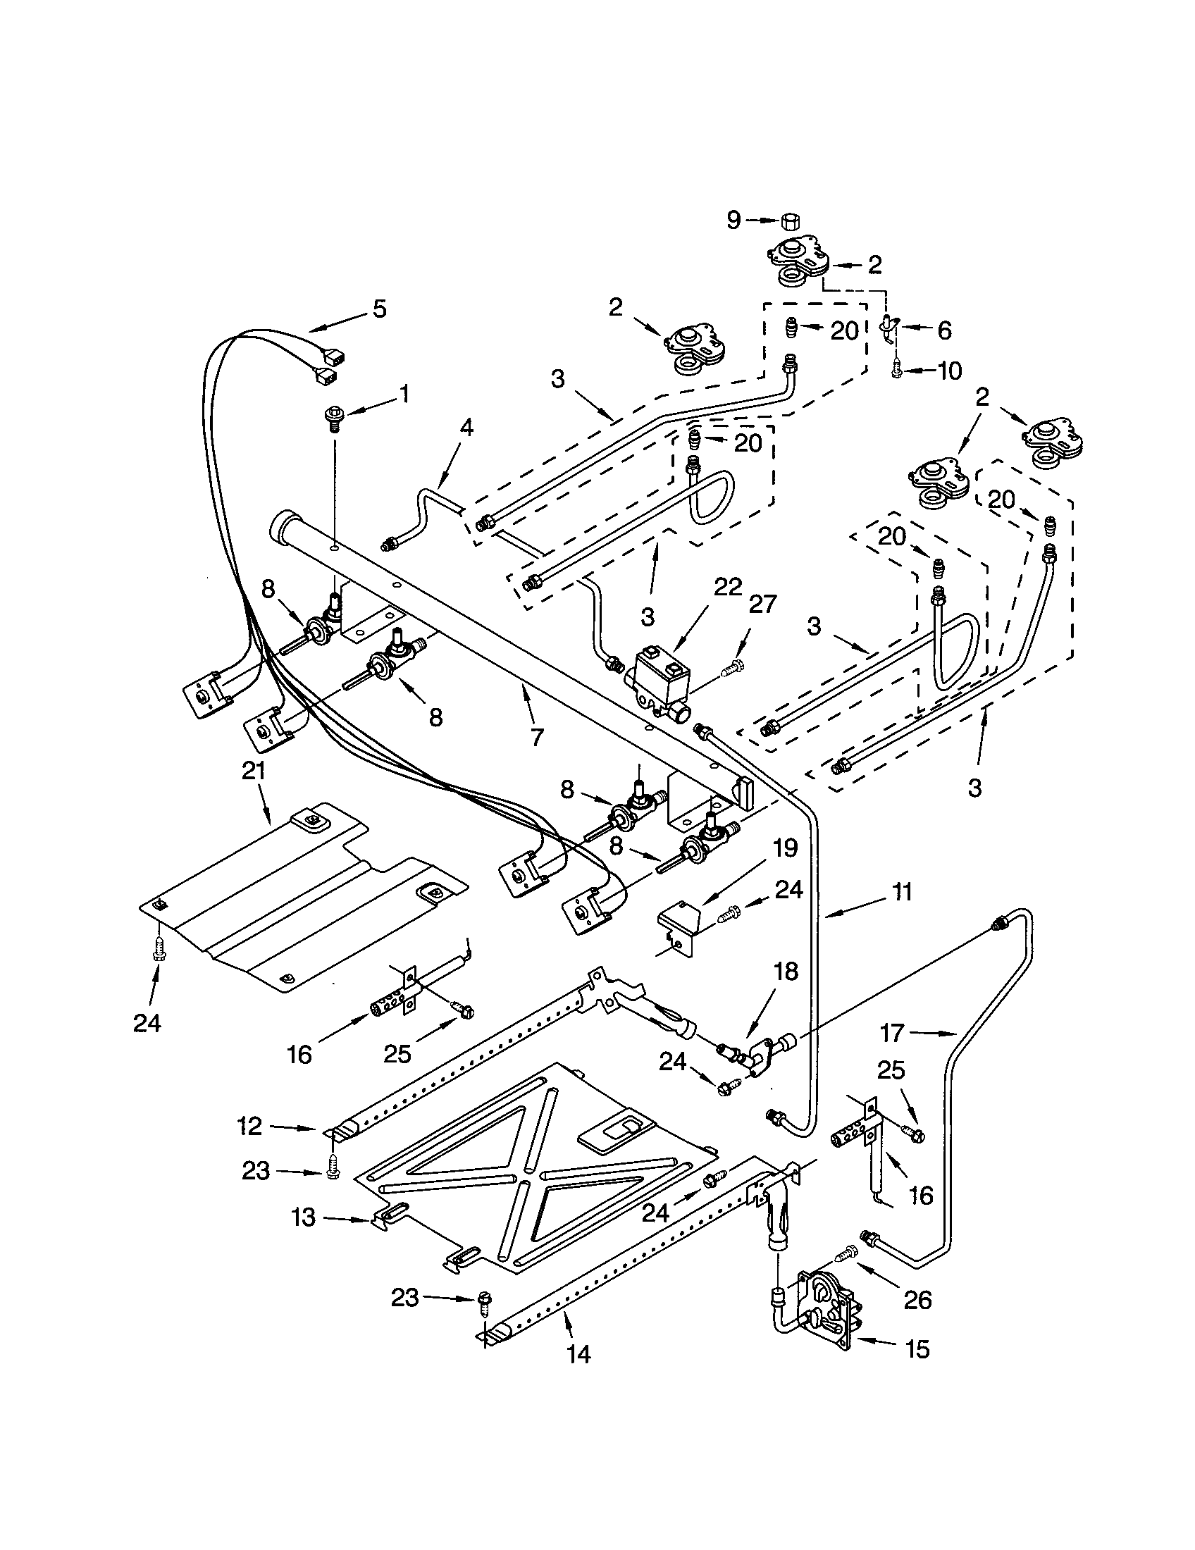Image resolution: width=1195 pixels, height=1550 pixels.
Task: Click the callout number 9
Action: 733,221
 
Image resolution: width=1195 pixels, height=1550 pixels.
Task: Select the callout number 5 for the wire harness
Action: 380,309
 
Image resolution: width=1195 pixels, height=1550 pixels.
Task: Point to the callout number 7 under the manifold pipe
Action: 537,738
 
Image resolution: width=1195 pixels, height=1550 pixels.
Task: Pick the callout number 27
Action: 763,604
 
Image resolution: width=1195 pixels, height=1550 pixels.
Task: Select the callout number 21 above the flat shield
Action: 254,771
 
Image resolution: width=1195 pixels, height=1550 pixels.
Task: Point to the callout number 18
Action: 786,971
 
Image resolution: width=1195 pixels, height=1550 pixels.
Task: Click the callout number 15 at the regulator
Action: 917,1349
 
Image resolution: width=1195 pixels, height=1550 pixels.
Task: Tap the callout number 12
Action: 250,1127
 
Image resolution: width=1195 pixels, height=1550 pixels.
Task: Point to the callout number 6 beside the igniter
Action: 943,330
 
